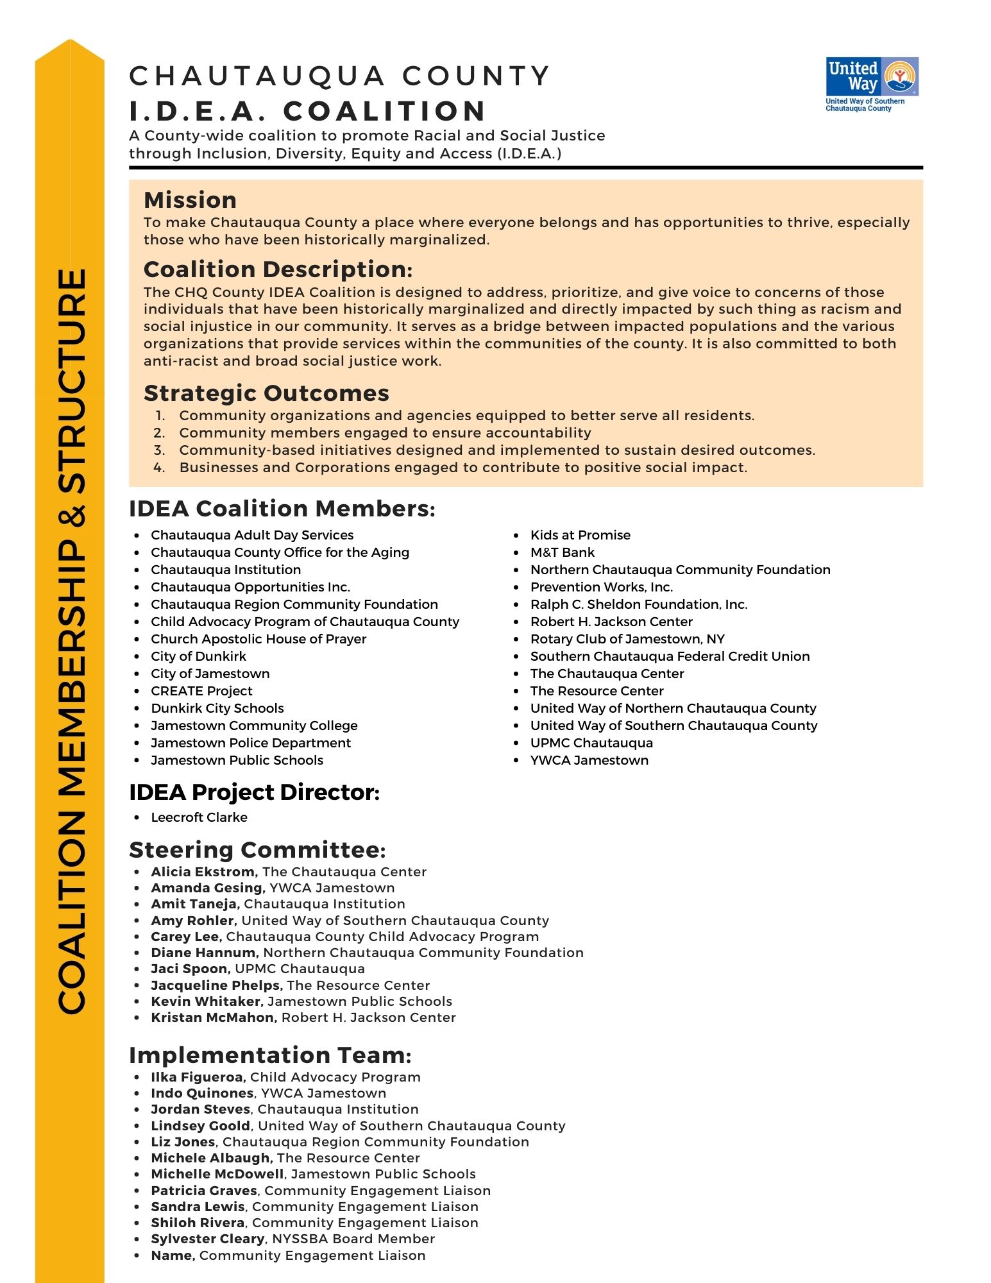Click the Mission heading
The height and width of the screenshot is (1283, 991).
tap(190, 200)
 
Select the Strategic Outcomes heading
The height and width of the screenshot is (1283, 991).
tap(266, 393)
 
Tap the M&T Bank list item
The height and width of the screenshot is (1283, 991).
tap(562, 552)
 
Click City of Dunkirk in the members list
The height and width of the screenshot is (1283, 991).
tap(198, 656)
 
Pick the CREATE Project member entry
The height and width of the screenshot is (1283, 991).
tap(201, 691)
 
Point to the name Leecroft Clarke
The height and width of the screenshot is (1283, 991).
tap(199, 817)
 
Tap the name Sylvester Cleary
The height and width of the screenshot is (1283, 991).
tap(207, 1239)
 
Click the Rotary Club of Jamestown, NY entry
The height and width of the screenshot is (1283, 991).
tap(627, 639)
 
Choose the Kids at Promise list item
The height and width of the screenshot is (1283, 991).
tap(580, 535)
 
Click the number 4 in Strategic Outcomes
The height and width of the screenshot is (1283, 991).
tap(159, 468)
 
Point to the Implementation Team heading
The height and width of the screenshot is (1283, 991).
tap(270, 1055)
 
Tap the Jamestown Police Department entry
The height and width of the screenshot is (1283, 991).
tap(250, 743)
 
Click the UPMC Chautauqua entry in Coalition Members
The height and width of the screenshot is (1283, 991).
tap(591, 743)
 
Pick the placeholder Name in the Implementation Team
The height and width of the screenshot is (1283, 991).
tap(173, 1255)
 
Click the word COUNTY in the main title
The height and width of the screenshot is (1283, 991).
tap(476, 76)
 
